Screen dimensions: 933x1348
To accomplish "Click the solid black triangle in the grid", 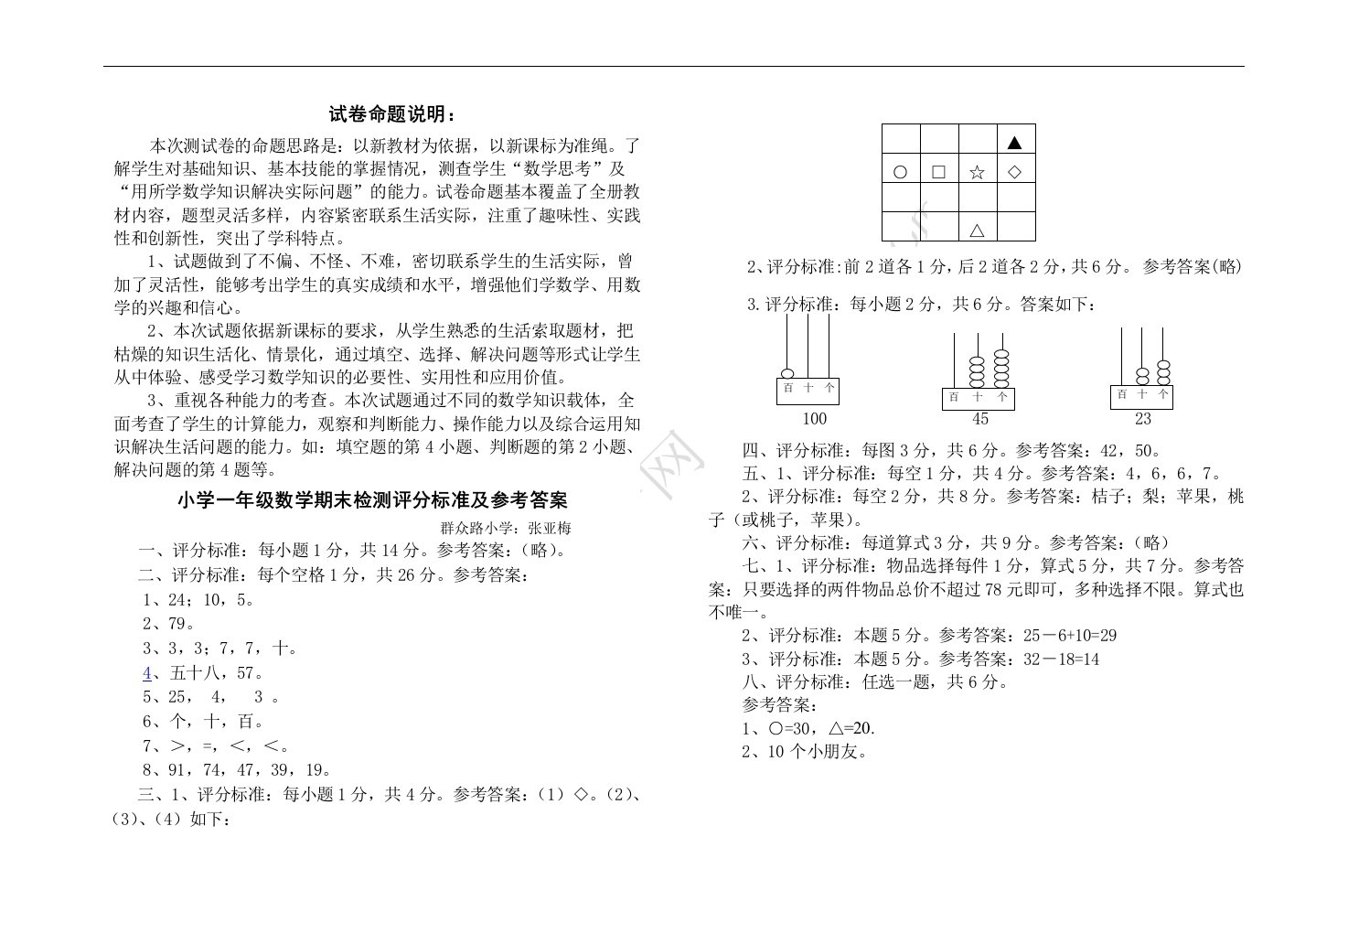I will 1014,142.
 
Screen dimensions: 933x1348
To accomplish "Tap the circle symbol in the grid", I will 900,172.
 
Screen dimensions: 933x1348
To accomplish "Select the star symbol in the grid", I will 977,172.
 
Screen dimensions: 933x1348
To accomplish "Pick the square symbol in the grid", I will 938,172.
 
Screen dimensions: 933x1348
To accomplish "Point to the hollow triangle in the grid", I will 977,231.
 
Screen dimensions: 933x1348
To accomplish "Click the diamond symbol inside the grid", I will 1014,172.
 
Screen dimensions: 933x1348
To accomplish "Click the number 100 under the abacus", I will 814,419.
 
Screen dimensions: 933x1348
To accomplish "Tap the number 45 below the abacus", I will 979,419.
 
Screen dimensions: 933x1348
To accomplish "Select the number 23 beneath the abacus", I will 1143,419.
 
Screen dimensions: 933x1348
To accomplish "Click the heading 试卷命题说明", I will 391,114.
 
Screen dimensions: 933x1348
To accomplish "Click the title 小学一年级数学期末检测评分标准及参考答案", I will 372,500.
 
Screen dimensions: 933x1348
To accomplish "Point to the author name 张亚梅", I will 550,528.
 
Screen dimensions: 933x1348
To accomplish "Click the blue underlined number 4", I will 147,673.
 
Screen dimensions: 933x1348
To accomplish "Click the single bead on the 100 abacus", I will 787,372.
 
